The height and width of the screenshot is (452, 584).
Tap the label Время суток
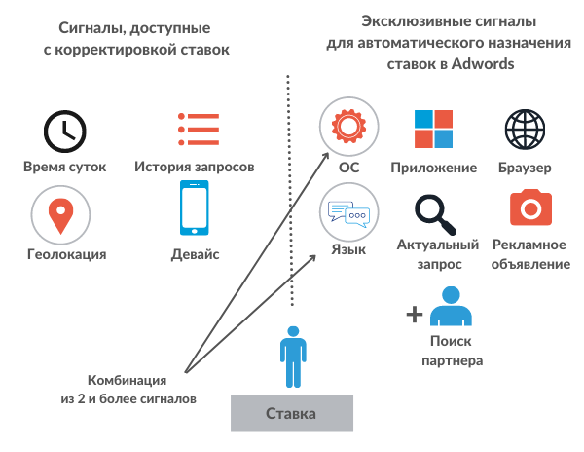65,167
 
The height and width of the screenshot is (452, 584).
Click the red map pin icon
65,215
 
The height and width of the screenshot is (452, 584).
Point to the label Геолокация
66,254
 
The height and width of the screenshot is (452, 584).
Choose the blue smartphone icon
196,208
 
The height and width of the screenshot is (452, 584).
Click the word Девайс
196,254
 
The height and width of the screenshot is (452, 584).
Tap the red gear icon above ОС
348,129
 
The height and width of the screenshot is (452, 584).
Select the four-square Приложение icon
433,129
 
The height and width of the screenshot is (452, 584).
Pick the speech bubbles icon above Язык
348,212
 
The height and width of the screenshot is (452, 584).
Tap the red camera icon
530,208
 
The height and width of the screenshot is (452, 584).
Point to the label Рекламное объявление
530,254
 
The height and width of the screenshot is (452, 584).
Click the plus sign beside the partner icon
415,314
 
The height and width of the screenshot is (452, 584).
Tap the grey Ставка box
291,414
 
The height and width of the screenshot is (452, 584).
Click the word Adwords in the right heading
484,62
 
